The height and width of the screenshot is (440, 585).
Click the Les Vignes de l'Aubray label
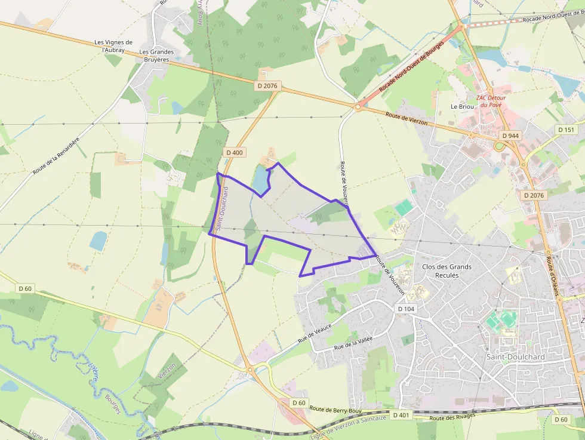click(113, 46)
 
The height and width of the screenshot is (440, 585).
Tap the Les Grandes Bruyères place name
click(156, 56)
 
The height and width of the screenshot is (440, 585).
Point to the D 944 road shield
click(510, 136)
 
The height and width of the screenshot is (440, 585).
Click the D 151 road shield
click(566, 130)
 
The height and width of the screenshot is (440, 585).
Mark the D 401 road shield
click(402, 414)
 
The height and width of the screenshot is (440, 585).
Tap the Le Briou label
click(462, 106)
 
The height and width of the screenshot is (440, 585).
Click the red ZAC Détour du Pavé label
click(490, 101)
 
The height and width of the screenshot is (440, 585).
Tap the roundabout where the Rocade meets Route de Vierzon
click(358, 107)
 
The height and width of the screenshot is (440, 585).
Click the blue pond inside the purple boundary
click(261, 180)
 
